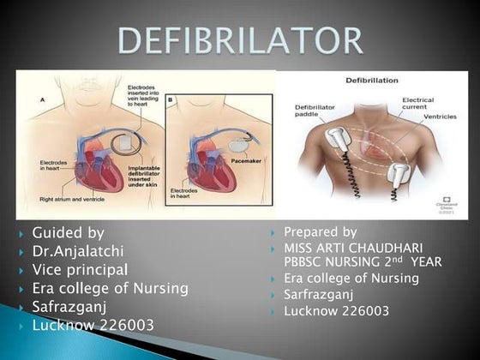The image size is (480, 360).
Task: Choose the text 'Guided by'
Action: tap(69, 232)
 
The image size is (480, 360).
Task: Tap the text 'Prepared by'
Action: tap(320, 232)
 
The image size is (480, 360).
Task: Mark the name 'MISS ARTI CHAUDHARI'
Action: tap(353, 248)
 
